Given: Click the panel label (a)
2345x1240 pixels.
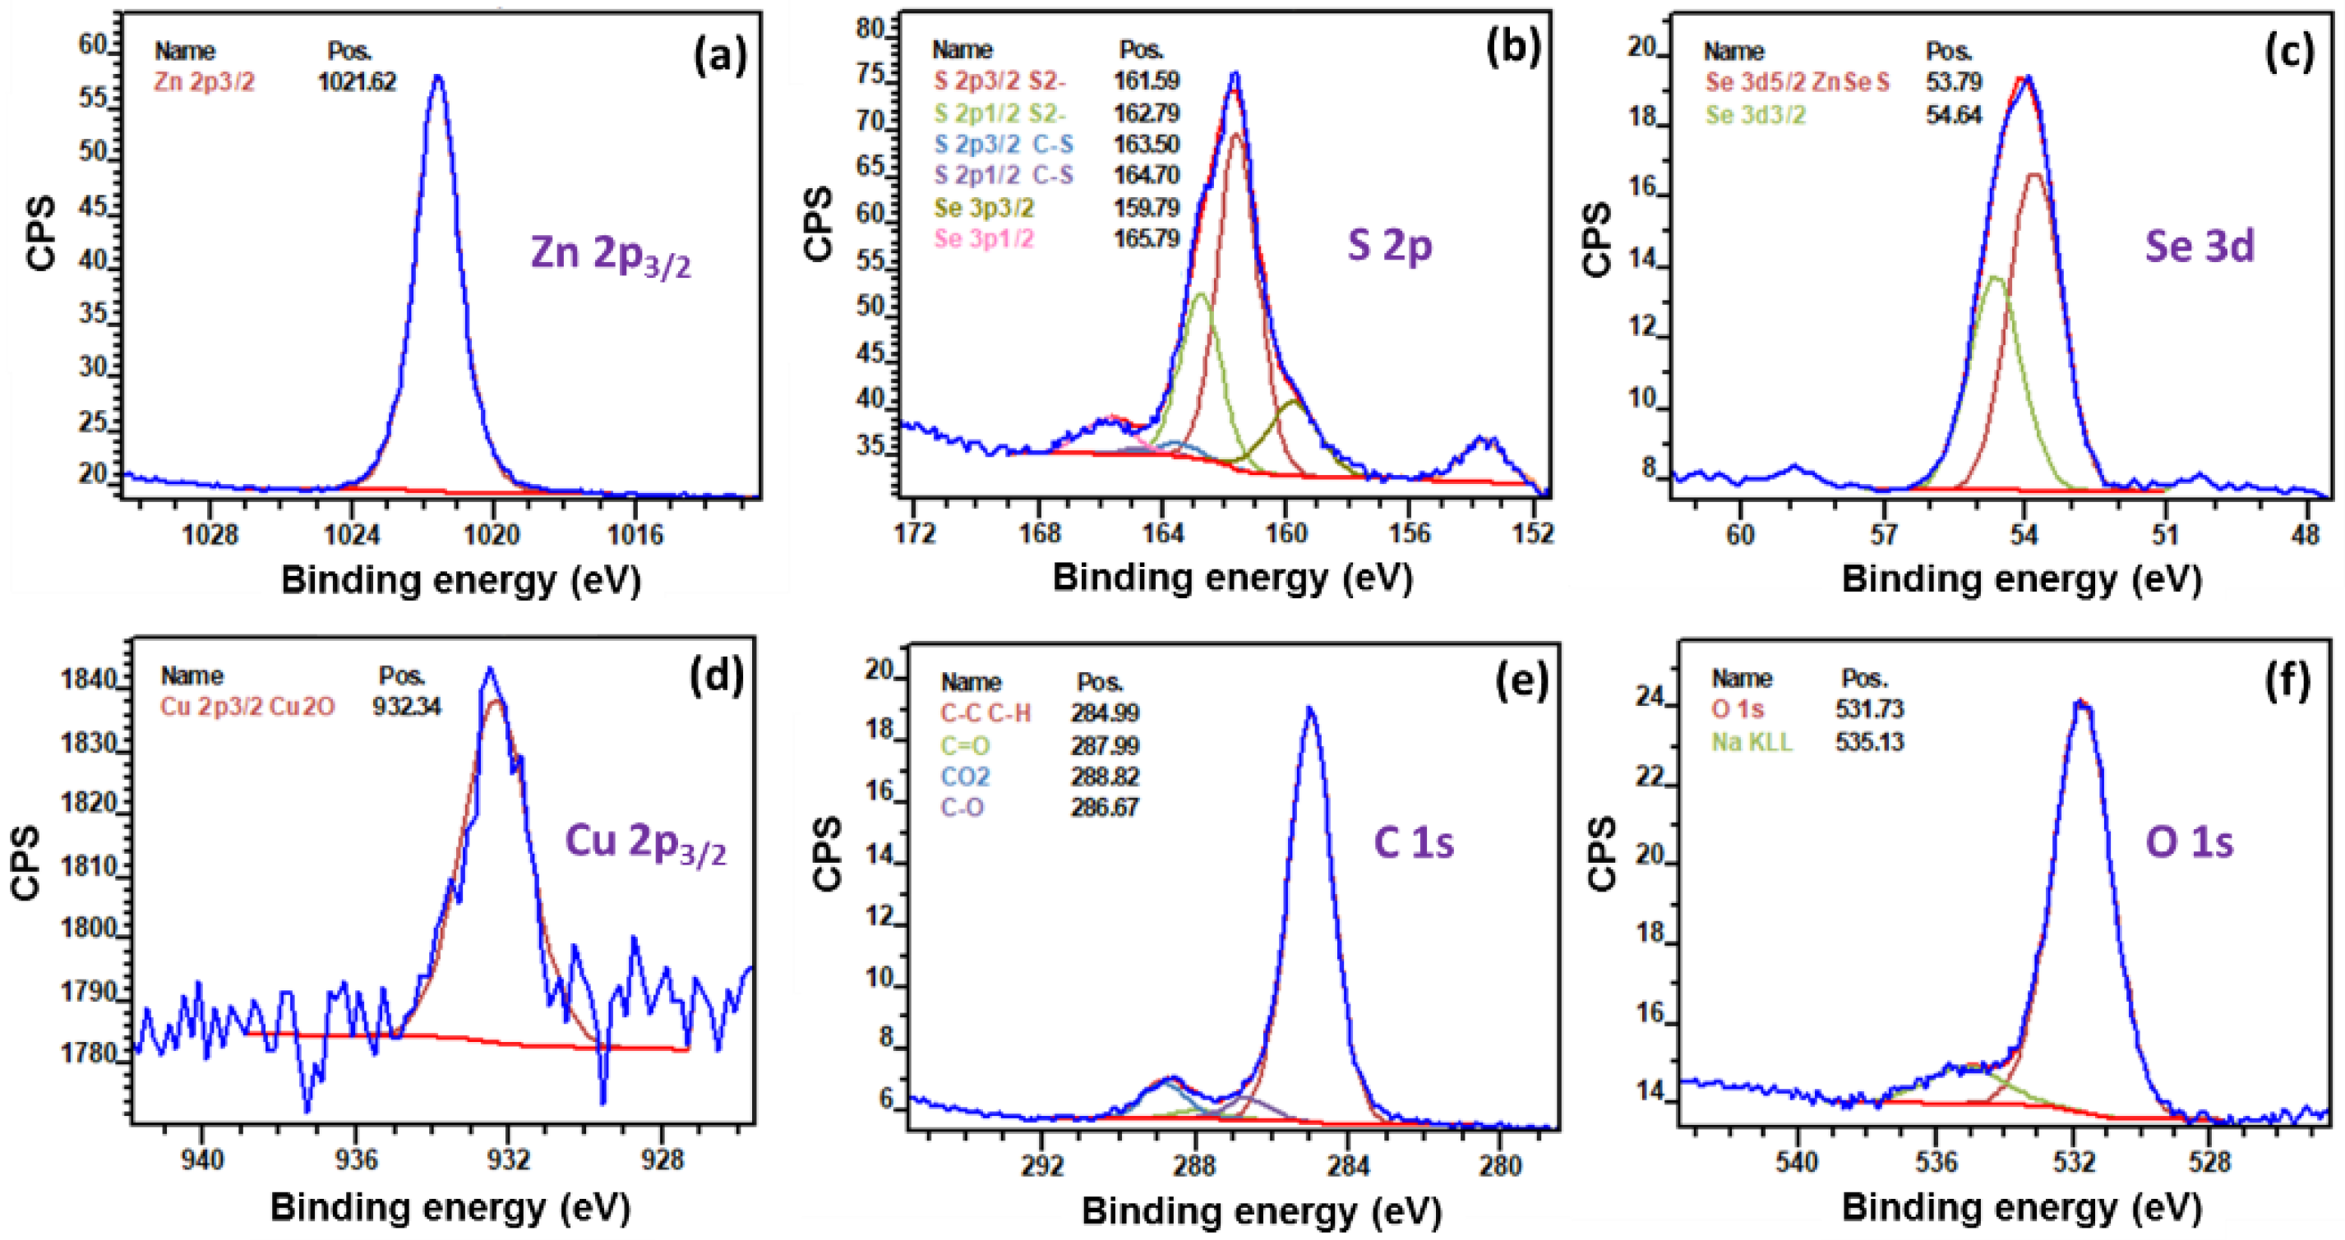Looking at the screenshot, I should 720,57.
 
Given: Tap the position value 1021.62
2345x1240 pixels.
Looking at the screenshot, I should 357,82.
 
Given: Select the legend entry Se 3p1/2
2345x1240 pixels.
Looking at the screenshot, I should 984,238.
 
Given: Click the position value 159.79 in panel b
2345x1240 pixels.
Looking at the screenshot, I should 1146,208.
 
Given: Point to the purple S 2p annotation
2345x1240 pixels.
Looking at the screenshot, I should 1389,246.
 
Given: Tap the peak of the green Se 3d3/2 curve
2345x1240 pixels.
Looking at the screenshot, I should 1993,277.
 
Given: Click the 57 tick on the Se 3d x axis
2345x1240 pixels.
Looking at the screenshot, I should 1882,533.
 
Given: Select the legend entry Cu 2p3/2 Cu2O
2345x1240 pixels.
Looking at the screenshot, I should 247,707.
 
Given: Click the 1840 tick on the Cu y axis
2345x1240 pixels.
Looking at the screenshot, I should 88,680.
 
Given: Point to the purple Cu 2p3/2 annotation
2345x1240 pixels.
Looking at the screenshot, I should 645,842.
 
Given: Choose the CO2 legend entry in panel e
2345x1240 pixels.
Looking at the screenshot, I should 965,777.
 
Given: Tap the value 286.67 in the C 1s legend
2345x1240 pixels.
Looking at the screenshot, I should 1104,808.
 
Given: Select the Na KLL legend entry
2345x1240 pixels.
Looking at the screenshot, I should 1752,742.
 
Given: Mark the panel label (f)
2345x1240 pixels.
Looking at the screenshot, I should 2286,681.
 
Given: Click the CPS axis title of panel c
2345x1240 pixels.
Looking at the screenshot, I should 1598,238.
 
